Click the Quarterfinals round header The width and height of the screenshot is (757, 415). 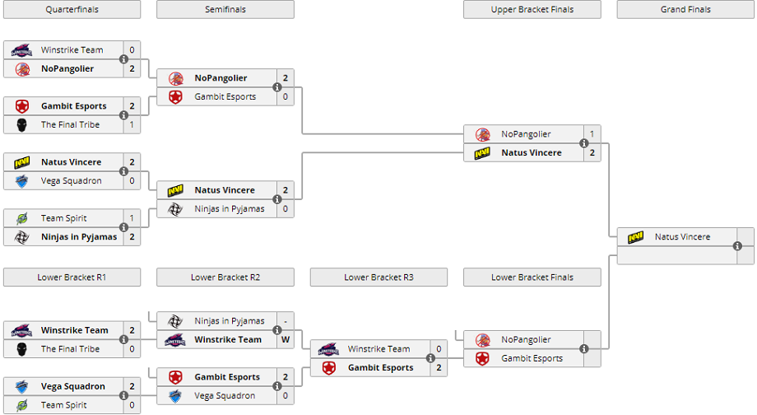72,10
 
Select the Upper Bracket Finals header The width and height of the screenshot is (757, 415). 532,10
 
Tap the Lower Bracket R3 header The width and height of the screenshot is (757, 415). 378,277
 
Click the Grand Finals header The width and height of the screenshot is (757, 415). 685,10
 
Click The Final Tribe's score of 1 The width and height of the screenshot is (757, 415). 132,124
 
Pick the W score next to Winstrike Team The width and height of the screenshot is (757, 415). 286,339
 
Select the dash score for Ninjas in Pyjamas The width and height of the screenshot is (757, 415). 286,321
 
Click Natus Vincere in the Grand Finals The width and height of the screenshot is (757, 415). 682,237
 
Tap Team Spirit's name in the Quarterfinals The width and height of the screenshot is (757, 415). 64,218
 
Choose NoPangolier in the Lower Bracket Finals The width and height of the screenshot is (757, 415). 526,339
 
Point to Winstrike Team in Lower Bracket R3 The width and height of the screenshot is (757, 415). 378,349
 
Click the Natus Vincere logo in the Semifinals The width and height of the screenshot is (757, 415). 175,190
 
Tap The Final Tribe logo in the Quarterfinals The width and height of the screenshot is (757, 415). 21,124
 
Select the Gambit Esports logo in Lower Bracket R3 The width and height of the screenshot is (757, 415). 329,368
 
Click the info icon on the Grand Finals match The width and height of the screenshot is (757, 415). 738,246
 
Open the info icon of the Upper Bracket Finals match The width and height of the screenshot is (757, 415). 584,143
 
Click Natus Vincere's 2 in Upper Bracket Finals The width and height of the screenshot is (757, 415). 592,153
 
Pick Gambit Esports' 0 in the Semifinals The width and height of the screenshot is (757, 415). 286,97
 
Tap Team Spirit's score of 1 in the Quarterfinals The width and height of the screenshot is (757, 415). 132,218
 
